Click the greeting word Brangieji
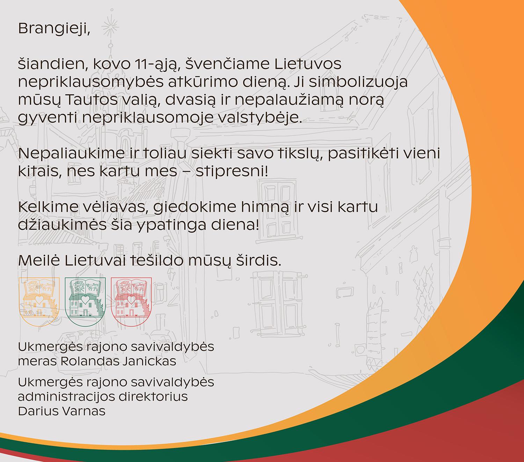54,29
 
